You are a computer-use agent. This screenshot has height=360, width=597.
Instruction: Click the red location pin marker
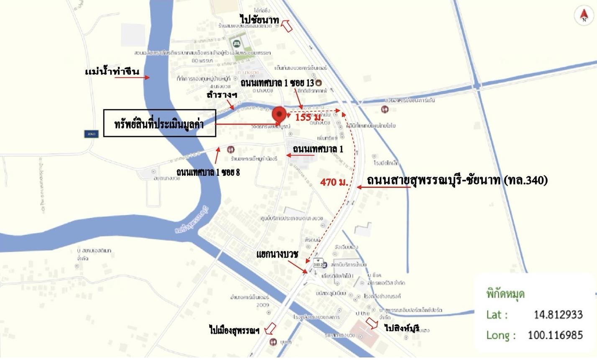[279, 114]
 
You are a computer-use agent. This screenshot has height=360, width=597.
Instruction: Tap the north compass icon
[584, 16]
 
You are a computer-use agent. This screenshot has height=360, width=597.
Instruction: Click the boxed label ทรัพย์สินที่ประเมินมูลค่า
[159, 123]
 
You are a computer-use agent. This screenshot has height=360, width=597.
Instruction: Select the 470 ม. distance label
[334, 183]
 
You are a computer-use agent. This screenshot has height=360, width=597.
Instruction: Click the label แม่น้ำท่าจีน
[112, 72]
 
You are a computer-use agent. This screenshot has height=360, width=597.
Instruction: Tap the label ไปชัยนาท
[259, 19]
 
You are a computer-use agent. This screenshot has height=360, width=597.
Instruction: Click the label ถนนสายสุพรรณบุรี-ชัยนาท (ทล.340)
[457, 180]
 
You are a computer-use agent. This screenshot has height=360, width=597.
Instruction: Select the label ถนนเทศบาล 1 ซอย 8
[208, 172]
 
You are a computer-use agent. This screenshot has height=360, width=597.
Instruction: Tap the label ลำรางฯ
[222, 95]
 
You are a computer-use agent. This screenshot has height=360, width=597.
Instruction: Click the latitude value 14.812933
[558, 314]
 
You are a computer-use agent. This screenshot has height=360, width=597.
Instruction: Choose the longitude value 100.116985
[555, 335]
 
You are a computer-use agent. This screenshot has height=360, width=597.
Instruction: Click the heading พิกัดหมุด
[505, 294]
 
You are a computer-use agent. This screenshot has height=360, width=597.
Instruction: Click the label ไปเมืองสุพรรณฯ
[234, 330]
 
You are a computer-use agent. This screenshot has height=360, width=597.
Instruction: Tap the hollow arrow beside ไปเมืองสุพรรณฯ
[270, 327]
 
